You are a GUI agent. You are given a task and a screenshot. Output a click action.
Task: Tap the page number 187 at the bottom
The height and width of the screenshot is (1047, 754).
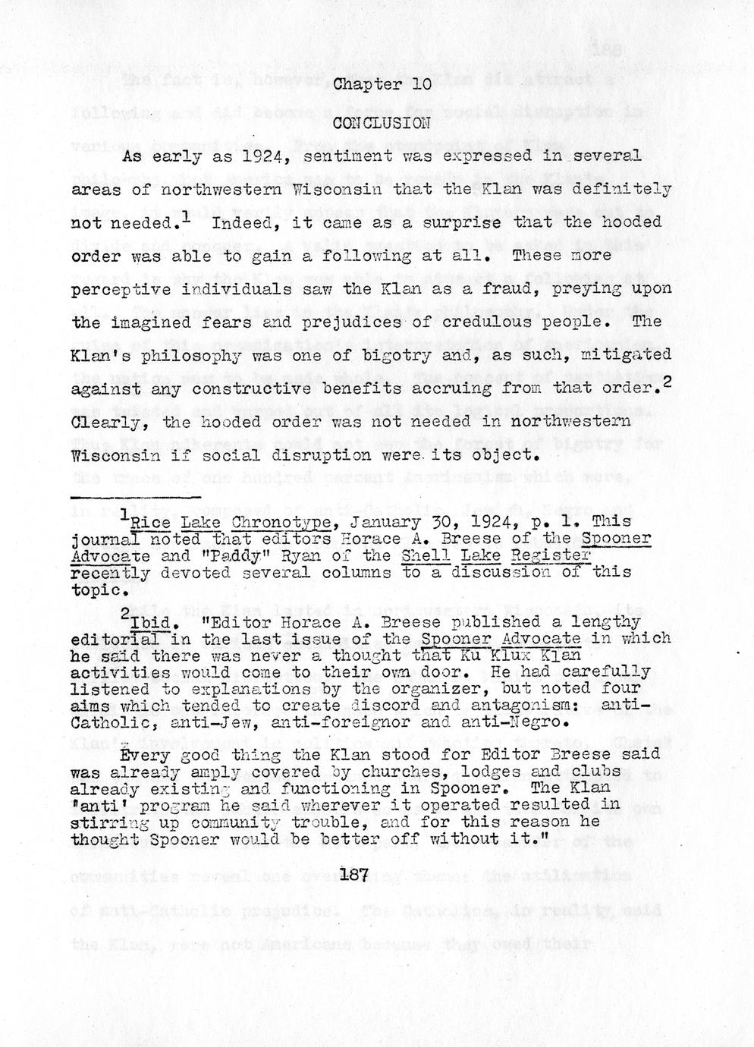click(x=354, y=875)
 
